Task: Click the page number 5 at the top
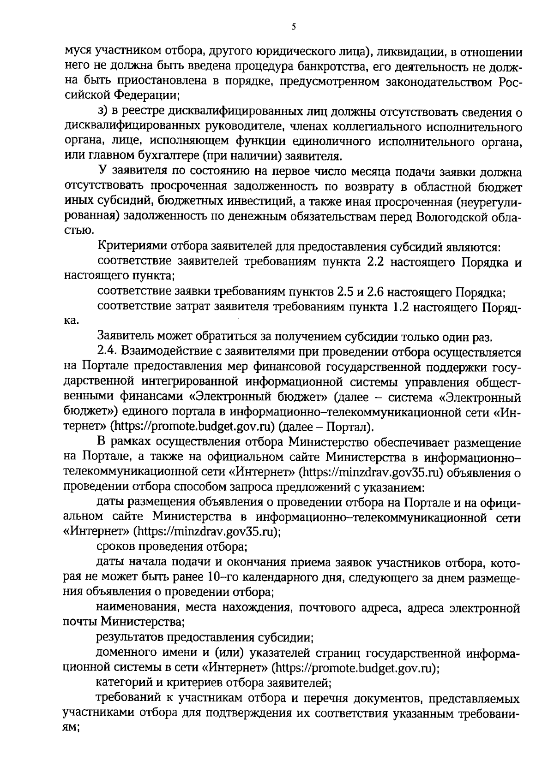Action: click(x=294, y=27)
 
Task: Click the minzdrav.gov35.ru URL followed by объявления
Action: click(x=371, y=472)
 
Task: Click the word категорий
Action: click(x=120, y=682)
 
